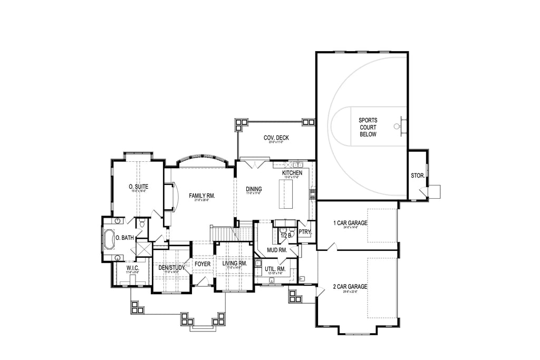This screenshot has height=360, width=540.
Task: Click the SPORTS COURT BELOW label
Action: click(x=368, y=127)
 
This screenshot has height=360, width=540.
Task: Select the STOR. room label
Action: click(x=418, y=176)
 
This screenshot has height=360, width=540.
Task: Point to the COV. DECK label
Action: click(x=276, y=138)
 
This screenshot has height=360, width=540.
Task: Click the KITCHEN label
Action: click(x=292, y=173)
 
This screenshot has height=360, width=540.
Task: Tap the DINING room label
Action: click(x=254, y=189)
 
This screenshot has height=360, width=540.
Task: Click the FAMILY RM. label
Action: click(x=202, y=196)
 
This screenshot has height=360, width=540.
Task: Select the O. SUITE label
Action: click(x=138, y=187)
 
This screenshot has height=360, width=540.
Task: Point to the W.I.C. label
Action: click(x=132, y=268)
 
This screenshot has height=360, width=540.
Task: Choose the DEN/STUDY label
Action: click(x=171, y=268)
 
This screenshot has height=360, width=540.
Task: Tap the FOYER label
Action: click(x=202, y=264)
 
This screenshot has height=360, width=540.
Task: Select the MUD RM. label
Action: click(x=276, y=250)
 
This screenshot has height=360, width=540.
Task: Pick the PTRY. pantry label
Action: click(x=304, y=231)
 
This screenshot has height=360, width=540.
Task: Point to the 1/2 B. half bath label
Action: click(x=286, y=235)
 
